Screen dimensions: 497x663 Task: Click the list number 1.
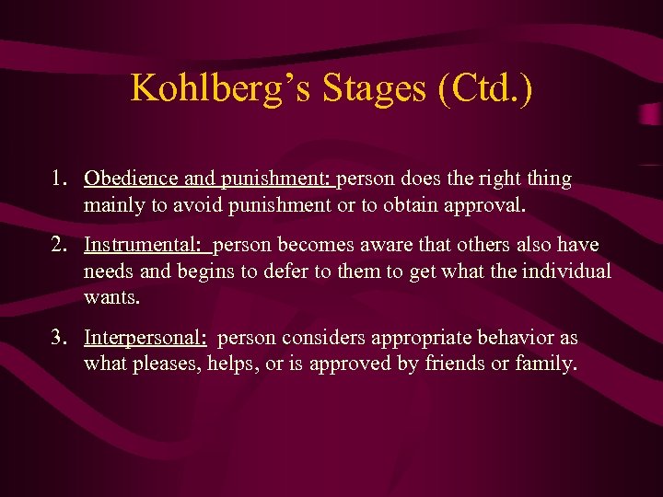coord(59,179)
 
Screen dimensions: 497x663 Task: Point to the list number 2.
coord(59,246)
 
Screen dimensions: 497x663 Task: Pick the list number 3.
coord(59,338)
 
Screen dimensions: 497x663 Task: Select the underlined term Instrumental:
coord(145,246)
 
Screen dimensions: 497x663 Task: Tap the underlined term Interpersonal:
coord(145,338)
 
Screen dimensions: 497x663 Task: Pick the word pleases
coord(171,364)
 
